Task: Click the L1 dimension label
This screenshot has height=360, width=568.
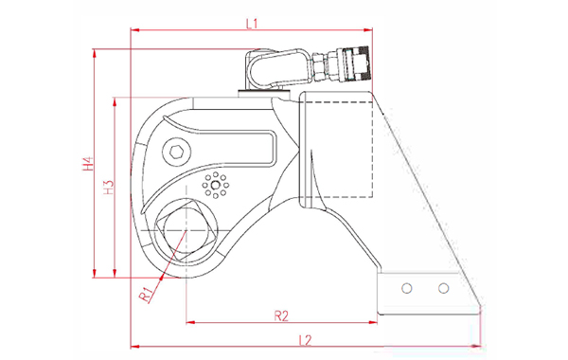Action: pos(252,24)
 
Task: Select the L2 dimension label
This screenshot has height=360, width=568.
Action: pos(306,340)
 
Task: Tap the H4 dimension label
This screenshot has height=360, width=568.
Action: pos(88,164)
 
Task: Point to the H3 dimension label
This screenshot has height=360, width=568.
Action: pos(109,188)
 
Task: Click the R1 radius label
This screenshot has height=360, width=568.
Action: pos(147,294)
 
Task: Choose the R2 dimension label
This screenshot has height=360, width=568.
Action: pos(281,315)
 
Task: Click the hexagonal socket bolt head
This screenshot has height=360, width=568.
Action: pos(176,153)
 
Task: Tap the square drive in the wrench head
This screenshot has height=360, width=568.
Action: pos(186,230)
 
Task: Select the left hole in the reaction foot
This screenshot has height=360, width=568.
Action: pos(407,289)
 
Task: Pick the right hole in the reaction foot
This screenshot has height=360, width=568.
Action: pos(443,289)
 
